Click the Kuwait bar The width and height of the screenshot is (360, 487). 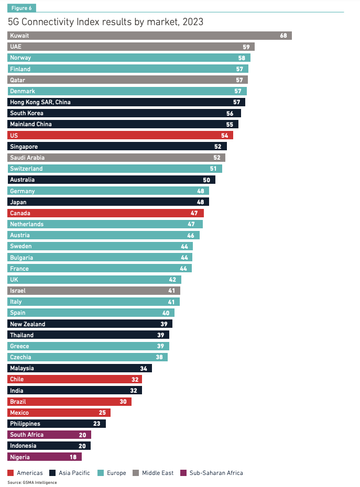[149, 36]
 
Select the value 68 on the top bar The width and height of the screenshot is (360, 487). [283, 36]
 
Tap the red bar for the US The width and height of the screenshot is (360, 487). [121, 136]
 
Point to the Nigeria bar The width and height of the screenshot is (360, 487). [45, 457]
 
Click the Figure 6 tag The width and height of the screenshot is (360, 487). [21, 8]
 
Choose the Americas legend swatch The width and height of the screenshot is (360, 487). [11, 473]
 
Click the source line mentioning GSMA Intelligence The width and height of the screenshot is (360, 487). [32, 482]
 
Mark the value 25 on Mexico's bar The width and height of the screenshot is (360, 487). [103, 413]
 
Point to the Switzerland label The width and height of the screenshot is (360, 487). [26, 169]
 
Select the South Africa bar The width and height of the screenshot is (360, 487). [49, 435]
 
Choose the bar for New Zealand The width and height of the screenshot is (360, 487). [90, 324]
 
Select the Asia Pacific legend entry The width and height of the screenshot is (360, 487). [71, 473]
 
